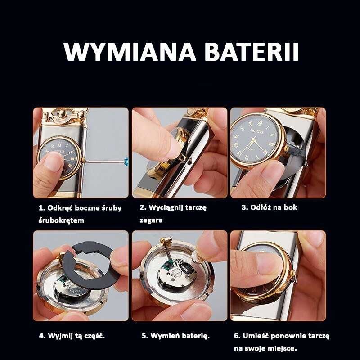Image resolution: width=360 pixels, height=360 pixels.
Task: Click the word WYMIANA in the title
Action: coord(130,52)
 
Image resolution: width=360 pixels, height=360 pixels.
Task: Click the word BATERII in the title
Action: coord(252,52)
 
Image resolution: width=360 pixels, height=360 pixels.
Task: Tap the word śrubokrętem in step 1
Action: coord(61,220)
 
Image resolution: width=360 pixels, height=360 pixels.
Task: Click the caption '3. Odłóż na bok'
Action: coord(269,207)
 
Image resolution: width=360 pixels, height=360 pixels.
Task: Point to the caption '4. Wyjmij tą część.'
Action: coord(72,336)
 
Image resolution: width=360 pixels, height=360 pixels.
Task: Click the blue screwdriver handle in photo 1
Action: coord(126,162)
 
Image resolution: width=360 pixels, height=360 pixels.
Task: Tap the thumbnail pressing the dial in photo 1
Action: coord(53,162)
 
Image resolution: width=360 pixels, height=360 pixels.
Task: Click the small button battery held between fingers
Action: coord(197,257)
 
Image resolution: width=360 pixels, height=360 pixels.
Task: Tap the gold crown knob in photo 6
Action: coord(293,274)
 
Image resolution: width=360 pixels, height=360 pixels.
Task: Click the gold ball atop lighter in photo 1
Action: coord(62,113)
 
